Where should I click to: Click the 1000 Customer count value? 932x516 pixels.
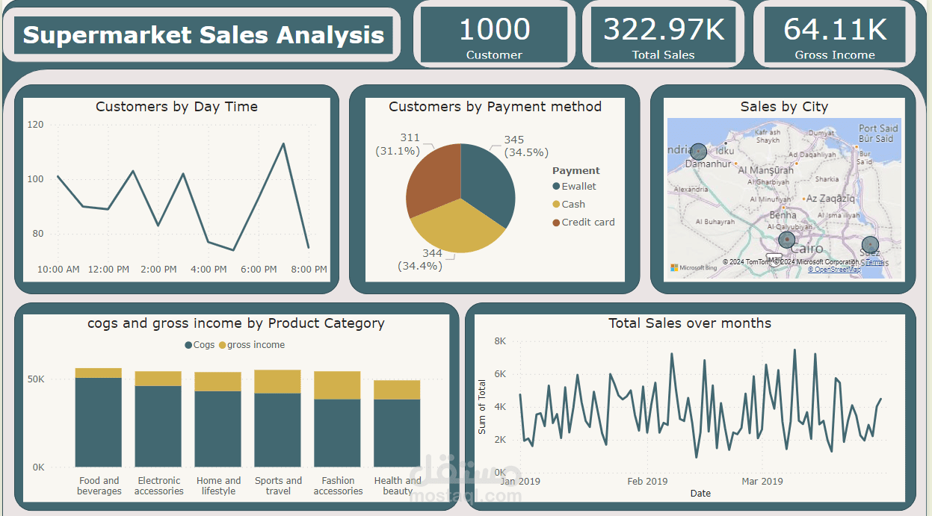click(x=494, y=30)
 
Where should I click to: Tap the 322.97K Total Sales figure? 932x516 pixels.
click(x=663, y=30)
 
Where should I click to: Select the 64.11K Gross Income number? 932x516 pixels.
click(x=835, y=30)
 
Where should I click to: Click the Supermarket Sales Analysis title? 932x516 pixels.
click(x=203, y=35)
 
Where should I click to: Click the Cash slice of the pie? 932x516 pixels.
click(x=456, y=229)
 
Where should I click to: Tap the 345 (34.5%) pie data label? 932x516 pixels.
click(x=525, y=146)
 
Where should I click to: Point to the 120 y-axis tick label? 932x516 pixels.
click(x=35, y=125)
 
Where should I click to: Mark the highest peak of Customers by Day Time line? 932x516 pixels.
click(x=283, y=143)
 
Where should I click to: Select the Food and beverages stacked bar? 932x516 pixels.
click(x=99, y=418)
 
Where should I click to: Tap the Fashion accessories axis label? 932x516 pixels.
click(x=338, y=486)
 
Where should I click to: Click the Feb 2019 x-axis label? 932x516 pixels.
click(x=647, y=482)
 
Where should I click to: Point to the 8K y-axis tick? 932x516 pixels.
click(x=500, y=341)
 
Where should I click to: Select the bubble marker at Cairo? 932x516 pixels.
click(x=786, y=240)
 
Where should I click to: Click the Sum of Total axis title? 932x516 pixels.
click(x=482, y=407)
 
